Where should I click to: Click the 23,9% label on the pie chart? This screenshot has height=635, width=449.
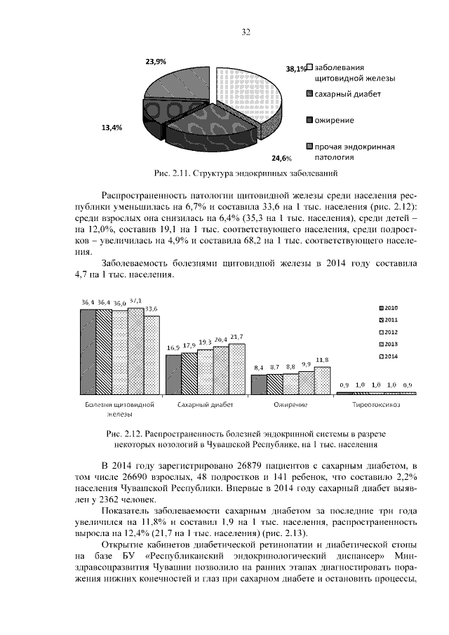click(x=156, y=62)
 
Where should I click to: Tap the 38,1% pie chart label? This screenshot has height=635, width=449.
click(x=295, y=69)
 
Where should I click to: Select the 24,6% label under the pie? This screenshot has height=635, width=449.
click(x=281, y=158)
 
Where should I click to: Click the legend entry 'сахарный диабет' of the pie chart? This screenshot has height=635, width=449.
click(x=347, y=95)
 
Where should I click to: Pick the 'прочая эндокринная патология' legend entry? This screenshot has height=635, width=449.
click(x=355, y=152)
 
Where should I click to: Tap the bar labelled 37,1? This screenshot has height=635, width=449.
click(x=135, y=351)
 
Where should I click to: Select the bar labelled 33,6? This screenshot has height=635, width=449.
click(x=151, y=354)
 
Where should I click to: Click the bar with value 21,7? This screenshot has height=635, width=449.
click(x=236, y=370)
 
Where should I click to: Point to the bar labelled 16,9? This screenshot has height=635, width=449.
click(x=173, y=375)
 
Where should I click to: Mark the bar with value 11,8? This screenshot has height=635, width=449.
click(x=322, y=381)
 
